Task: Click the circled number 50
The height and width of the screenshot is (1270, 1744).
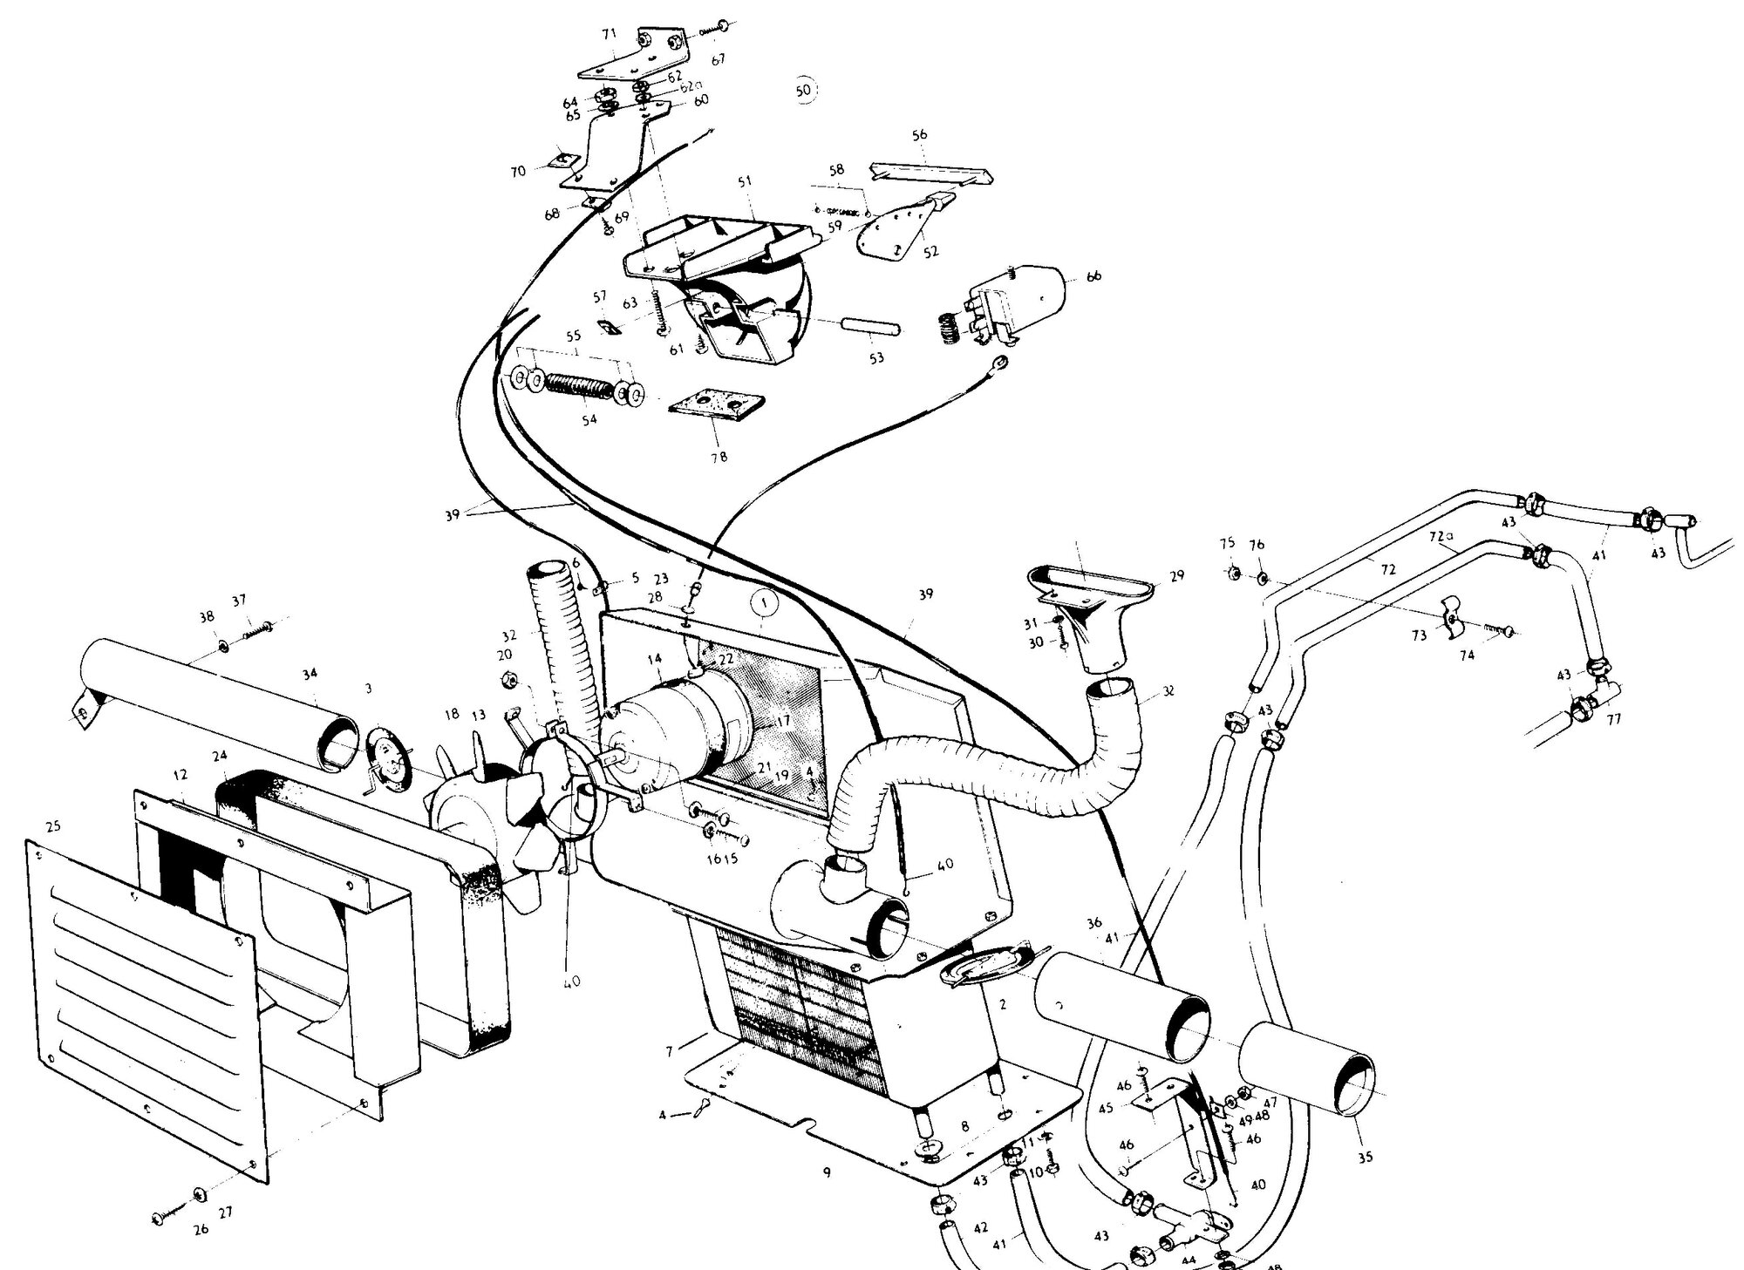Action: (804, 90)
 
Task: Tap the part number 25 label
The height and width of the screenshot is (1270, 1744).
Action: (53, 825)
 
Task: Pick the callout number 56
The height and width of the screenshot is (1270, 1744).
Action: (919, 135)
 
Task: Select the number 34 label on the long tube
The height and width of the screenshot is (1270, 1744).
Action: (309, 673)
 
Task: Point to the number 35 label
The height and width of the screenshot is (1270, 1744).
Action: (1365, 1157)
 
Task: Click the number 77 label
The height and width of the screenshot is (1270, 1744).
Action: (1614, 720)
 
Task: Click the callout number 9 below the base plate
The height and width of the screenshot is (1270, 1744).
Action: (825, 1172)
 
